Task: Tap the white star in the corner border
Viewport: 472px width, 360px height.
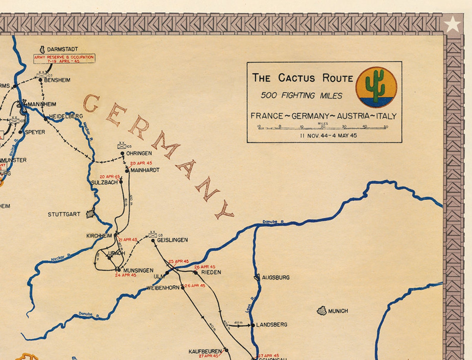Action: coord(452,24)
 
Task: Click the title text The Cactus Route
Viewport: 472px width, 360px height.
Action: coord(302,78)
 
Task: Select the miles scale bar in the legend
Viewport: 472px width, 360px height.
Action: coord(323,128)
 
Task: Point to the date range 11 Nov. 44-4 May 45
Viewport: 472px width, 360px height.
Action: coord(328,136)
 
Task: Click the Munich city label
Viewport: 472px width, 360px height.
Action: coord(338,311)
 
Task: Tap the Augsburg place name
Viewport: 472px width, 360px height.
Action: coord(276,278)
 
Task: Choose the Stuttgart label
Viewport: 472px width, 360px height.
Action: coord(64,214)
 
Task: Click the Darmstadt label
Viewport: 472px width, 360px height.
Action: coord(62,49)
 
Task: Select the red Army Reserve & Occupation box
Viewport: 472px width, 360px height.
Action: coord(64,59)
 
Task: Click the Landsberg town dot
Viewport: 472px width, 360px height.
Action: coord(253,325)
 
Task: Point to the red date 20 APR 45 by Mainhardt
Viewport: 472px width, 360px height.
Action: coord(141,163)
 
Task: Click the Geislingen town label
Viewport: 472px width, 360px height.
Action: coord(172,240)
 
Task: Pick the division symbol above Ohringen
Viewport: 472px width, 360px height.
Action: coord(122,145)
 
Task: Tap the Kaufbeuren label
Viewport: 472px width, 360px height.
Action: coord(205,352)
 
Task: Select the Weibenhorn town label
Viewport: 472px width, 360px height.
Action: coord(163,288)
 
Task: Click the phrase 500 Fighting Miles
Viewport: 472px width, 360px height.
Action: coord(301,96)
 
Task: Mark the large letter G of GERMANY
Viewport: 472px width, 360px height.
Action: coord(91,104)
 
